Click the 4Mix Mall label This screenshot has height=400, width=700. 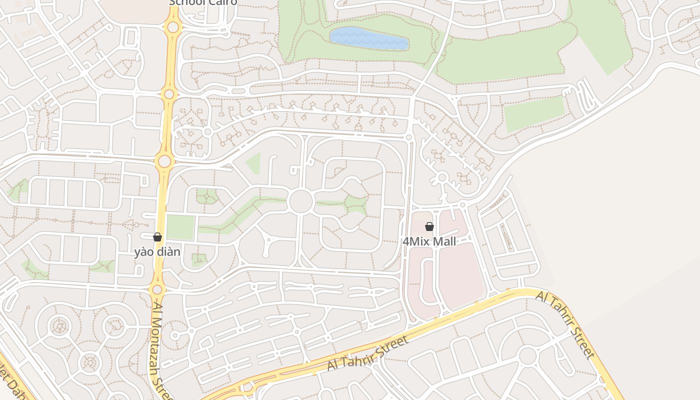[429, 241]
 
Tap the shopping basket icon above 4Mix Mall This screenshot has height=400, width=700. [429, 226]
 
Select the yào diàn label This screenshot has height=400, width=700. [157, 251]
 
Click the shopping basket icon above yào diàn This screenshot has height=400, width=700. [157, 237]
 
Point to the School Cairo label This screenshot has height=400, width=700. [203, 2]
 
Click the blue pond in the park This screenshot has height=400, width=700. [369, 38]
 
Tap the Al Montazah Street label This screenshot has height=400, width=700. [161, 350]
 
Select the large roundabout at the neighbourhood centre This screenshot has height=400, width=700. [300, 201]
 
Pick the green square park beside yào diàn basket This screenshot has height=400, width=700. [180, 227]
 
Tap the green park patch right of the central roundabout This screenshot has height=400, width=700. [355, 204]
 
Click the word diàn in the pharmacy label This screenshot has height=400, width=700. [169, 251]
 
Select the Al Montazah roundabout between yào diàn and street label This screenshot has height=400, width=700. [157, 289]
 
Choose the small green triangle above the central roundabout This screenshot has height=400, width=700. [254, 163]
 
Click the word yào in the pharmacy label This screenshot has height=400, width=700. [144, 251]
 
